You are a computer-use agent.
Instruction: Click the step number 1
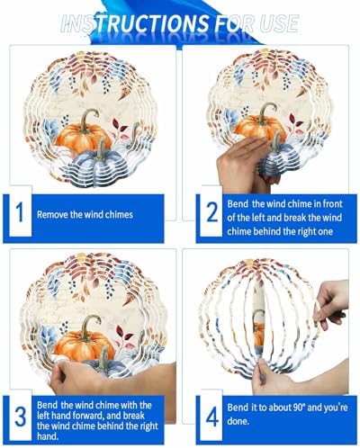coord(20,212)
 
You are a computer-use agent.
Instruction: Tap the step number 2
coord(212,212)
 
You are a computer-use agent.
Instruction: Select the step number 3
coord(21,417)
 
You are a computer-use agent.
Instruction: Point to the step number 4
coord(212,417)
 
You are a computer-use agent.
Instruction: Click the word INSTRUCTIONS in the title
coord(134,23)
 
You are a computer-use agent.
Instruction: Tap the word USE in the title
coord(278,23)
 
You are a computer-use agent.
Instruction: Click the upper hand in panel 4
coord(331,306)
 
